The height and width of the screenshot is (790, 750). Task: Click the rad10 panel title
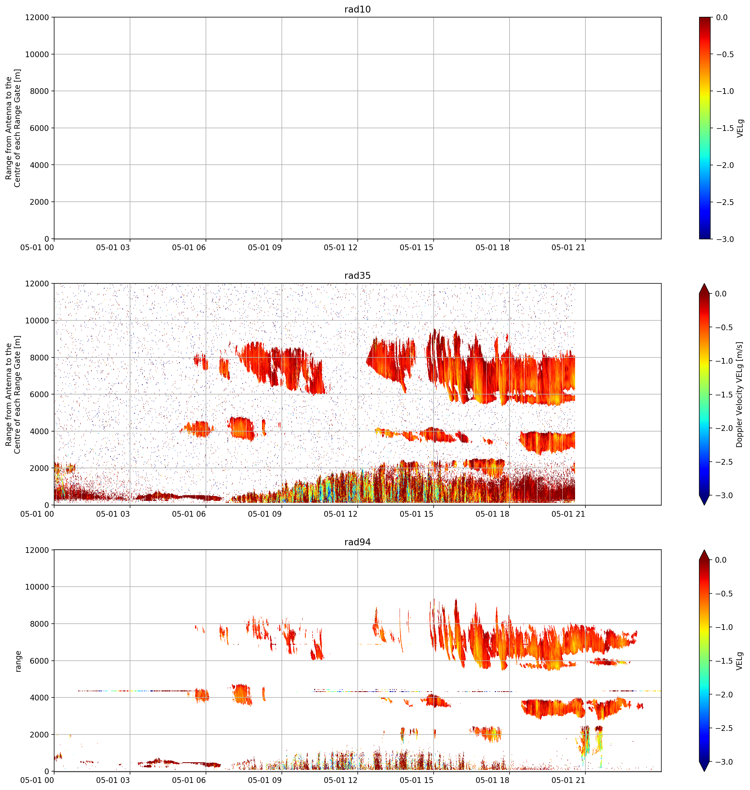pyautogui.click(x=357, y=9)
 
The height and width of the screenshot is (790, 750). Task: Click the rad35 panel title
pyautogui.click(x=357, y=275)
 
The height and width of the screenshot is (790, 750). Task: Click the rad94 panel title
pyautogui.click(x=357, y=542)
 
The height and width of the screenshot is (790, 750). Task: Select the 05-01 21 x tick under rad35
pyautogui.click(x=568, y=514)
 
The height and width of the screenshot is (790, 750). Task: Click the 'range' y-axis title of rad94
pyautogui.click(x=18, y=661)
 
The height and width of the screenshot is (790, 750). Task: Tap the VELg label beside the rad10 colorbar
pyautogui.click(x=740, y=128)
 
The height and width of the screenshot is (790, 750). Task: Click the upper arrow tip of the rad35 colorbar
pyautogui.click(x=704, y=284)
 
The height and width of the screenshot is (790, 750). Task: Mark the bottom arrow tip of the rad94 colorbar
pyautogui.click(x=704, y=771)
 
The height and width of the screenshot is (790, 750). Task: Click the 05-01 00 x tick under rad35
pyautogui.click(x=37, y=514)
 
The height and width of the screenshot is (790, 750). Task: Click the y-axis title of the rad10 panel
pyautogui.click(x=13, y=128)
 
